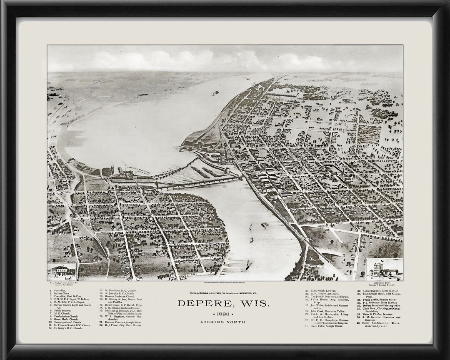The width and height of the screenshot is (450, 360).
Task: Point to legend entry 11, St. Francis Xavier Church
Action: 69,325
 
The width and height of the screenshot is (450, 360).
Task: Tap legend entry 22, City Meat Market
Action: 120,325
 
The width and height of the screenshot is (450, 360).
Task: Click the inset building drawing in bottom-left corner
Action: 61,271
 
